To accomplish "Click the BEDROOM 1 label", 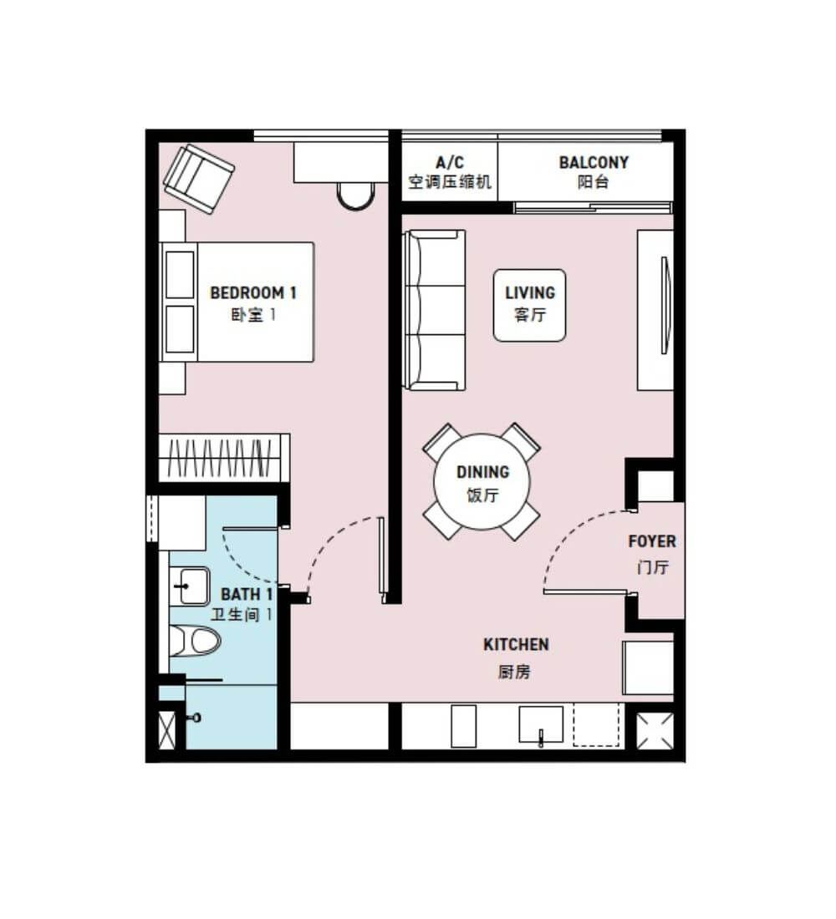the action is (x=252, y=292).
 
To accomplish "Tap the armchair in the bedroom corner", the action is (x=198, y=179).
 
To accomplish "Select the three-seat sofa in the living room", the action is (x=434, y=310).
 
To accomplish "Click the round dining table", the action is (x=482, y=482).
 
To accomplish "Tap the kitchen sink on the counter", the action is (x=541, y=725).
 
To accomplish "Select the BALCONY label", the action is (x=594, y=162).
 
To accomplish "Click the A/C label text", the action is (x=450, y=162).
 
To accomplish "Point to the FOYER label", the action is (x=652, y=541).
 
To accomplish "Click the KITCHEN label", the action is (x=517, y=644).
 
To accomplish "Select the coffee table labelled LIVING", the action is (x=530, y=305).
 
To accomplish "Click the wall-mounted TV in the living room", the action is (x=665, y=305).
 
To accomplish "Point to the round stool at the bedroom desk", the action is (x=355, y=195).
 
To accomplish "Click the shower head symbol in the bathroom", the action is (x=196, y=718).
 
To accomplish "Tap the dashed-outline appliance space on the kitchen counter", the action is (x=596, y=725).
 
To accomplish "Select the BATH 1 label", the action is (x=247, y=594).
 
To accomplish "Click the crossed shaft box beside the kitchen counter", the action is (x=655, y=730).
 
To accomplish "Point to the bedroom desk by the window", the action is (x=341, y=162).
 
